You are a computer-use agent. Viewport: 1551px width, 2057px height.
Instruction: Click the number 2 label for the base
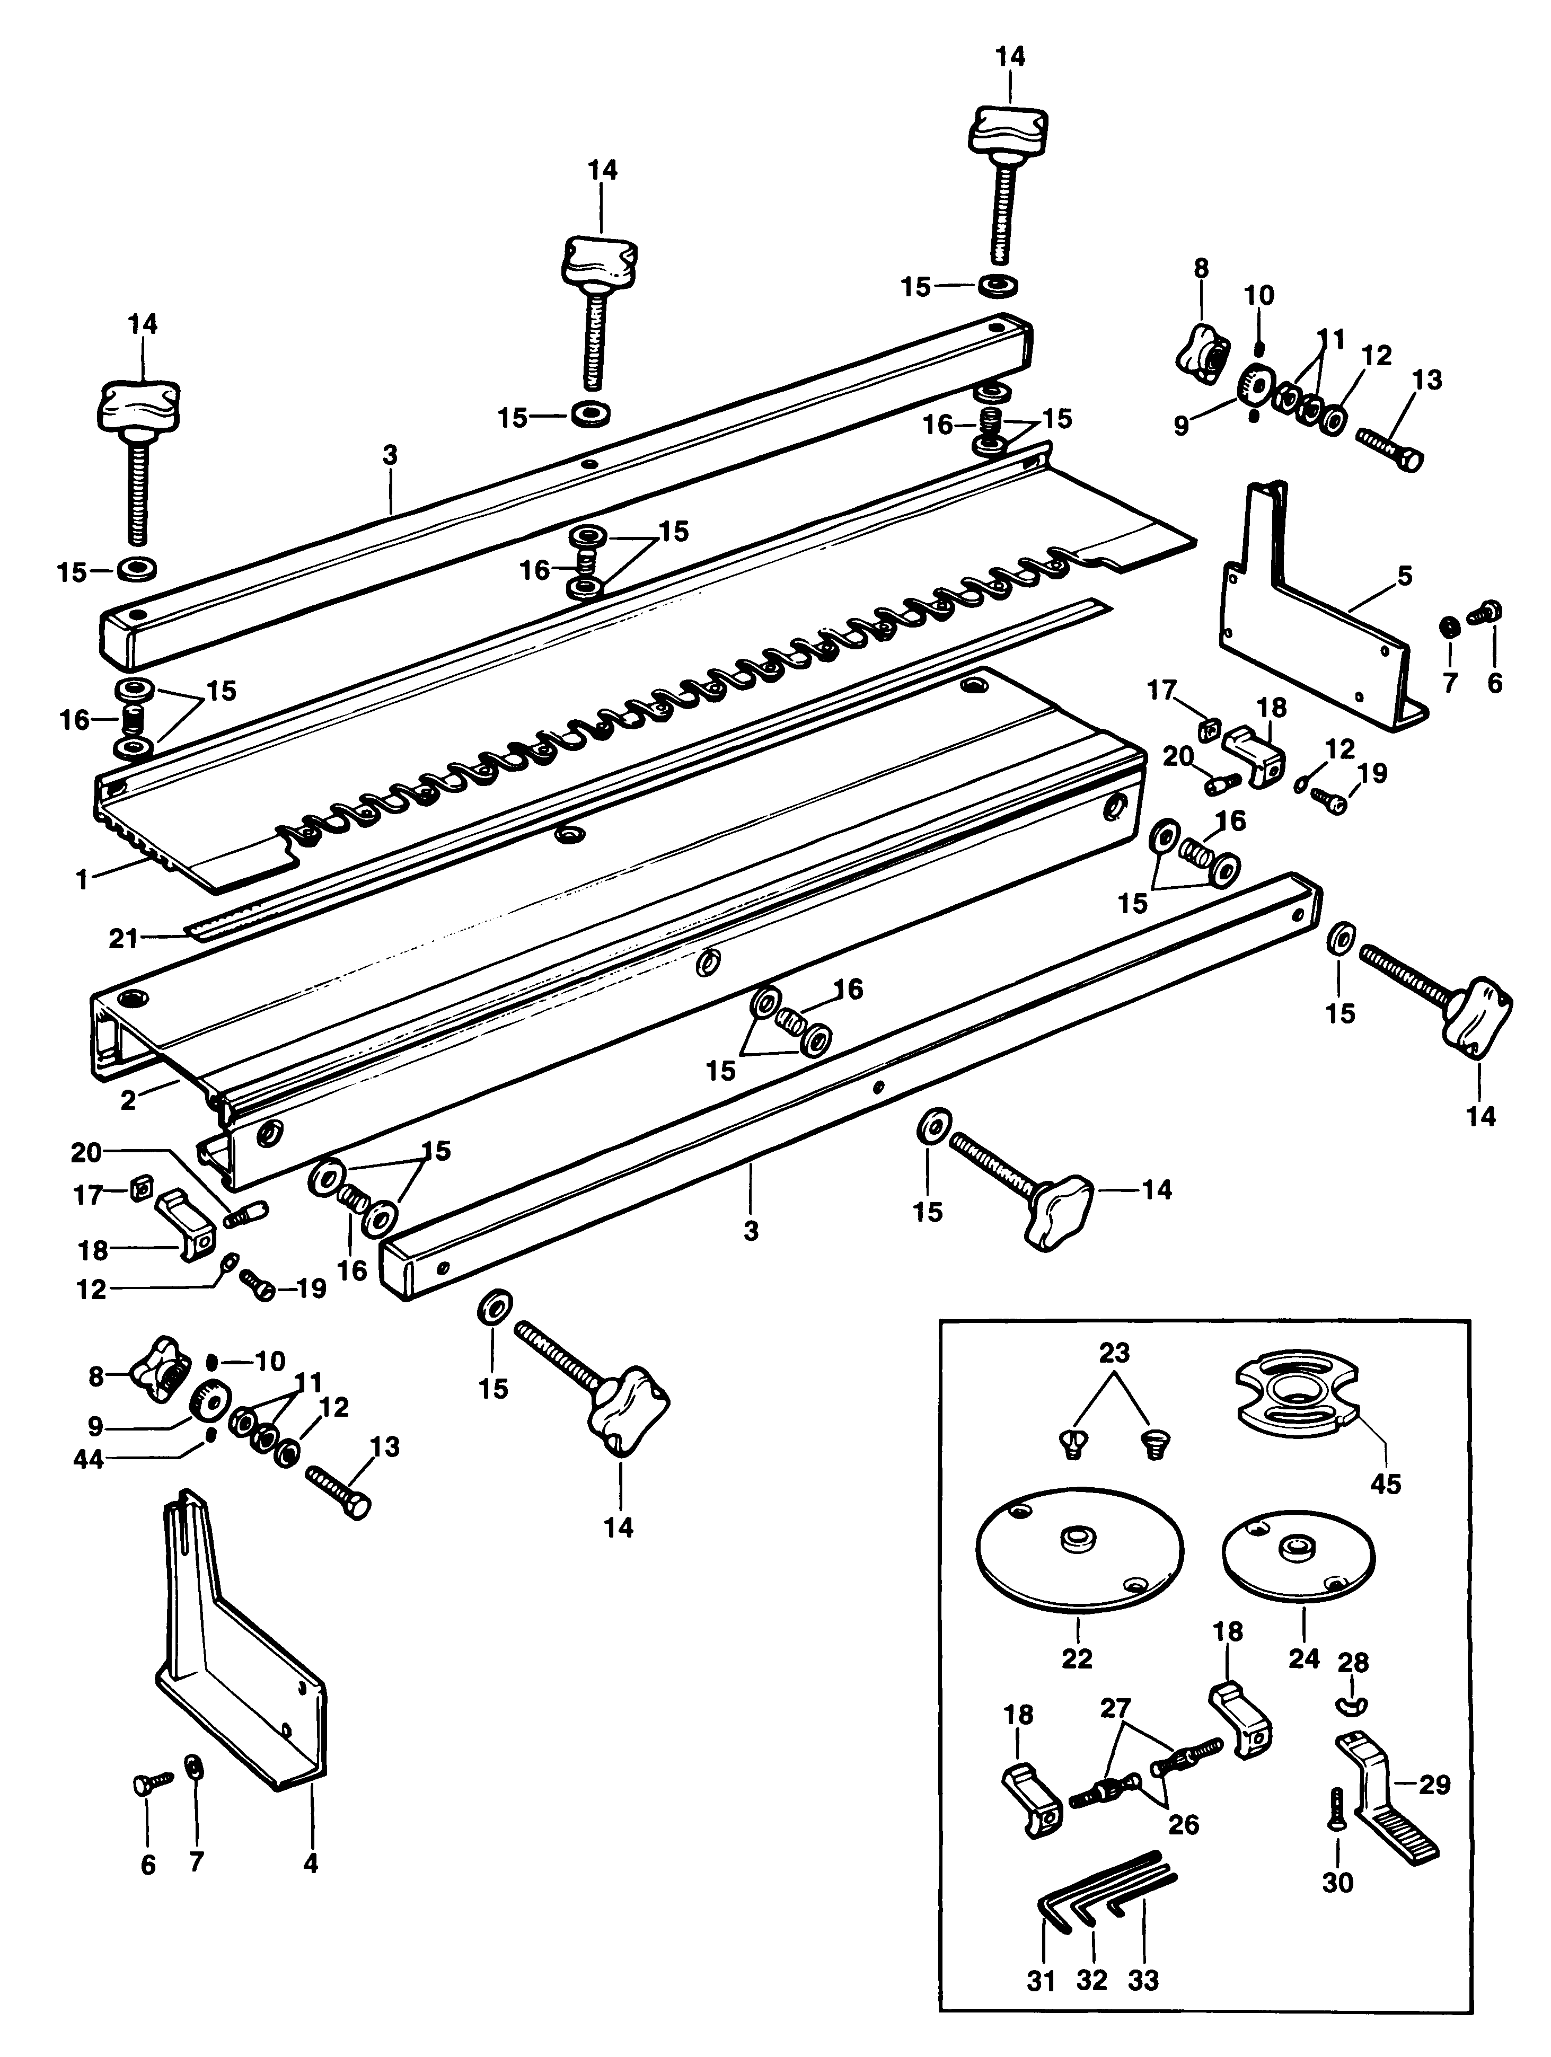point(128,1100)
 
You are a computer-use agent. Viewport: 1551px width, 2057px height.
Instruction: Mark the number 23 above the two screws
point(1114,1353)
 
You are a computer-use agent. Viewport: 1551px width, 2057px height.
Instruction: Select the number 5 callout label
point(1404,577)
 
